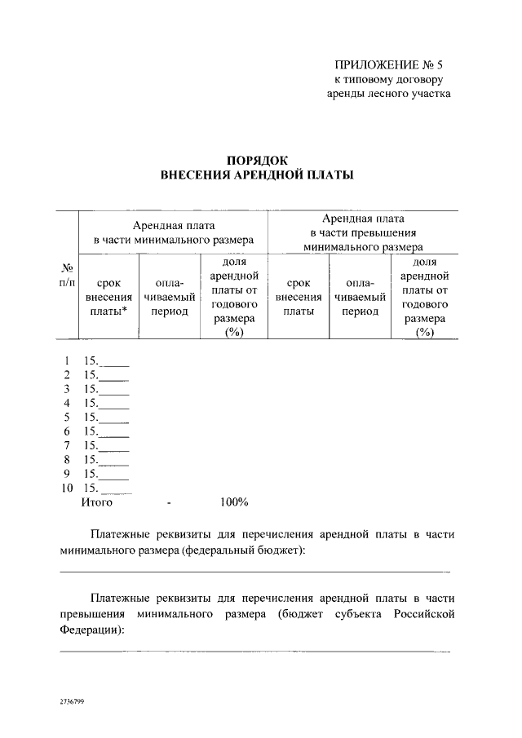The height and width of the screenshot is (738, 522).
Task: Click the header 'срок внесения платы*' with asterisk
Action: tap(108, 298)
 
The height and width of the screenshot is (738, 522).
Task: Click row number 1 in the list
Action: tap(66, 360)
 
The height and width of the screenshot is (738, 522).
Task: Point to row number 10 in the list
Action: tap(67, 488)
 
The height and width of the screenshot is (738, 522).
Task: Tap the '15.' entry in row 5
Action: tap(91, 417)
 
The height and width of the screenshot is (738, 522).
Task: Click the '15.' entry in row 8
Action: tap(91, 459)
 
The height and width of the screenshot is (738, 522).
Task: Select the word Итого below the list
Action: tap(96, 502)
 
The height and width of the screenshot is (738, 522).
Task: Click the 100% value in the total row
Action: tap(234, 502)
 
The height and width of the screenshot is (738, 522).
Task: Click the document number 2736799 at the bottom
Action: tap(72, 700)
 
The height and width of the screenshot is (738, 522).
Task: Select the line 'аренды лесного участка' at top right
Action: tap(388, 94)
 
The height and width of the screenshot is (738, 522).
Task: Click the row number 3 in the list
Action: tap(66, 389)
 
